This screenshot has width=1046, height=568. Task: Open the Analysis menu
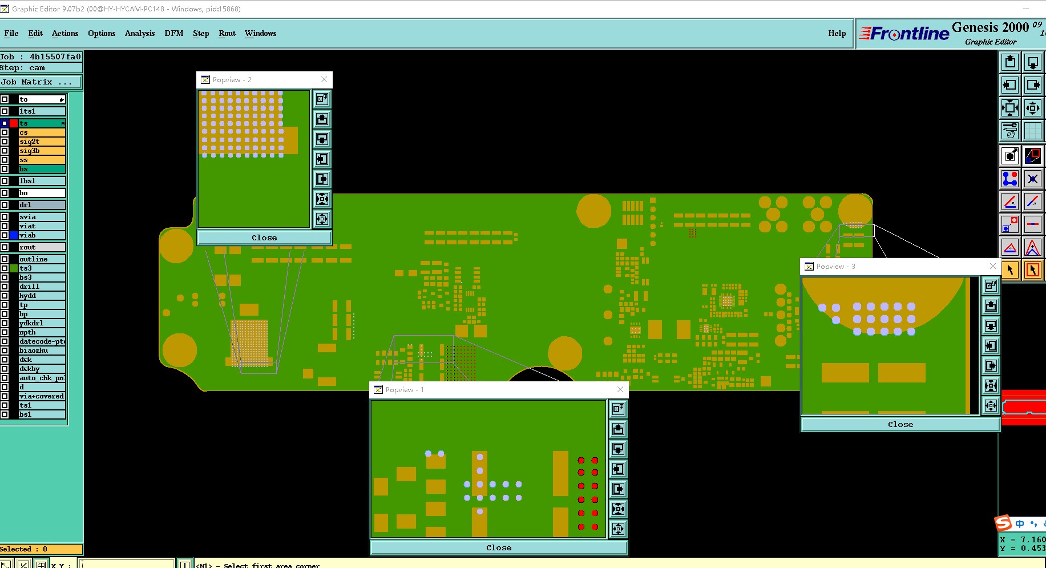[140, 33]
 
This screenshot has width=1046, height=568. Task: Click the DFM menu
[174, 33]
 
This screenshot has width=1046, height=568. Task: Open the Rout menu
[227, 33]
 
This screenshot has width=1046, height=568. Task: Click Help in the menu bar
[837, 33]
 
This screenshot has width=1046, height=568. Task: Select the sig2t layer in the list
[42, 142]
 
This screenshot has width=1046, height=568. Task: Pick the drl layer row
[42, 205]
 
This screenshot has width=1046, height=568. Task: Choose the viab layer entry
[42, 235]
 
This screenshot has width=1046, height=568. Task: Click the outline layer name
[42, 259]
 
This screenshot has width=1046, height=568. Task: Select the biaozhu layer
[42, 351]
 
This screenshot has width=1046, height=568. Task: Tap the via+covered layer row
[42, 396]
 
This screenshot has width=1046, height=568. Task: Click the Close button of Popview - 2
[264, 237]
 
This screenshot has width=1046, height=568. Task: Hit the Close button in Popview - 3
[900, 424]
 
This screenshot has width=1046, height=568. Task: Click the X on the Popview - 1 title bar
[620, 389]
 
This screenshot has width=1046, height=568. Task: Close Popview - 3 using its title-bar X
[992, 266]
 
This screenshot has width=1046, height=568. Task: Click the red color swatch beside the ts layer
[14, 123]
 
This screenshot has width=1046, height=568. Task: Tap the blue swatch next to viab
[14, 235]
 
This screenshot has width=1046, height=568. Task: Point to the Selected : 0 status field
[41, 549]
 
